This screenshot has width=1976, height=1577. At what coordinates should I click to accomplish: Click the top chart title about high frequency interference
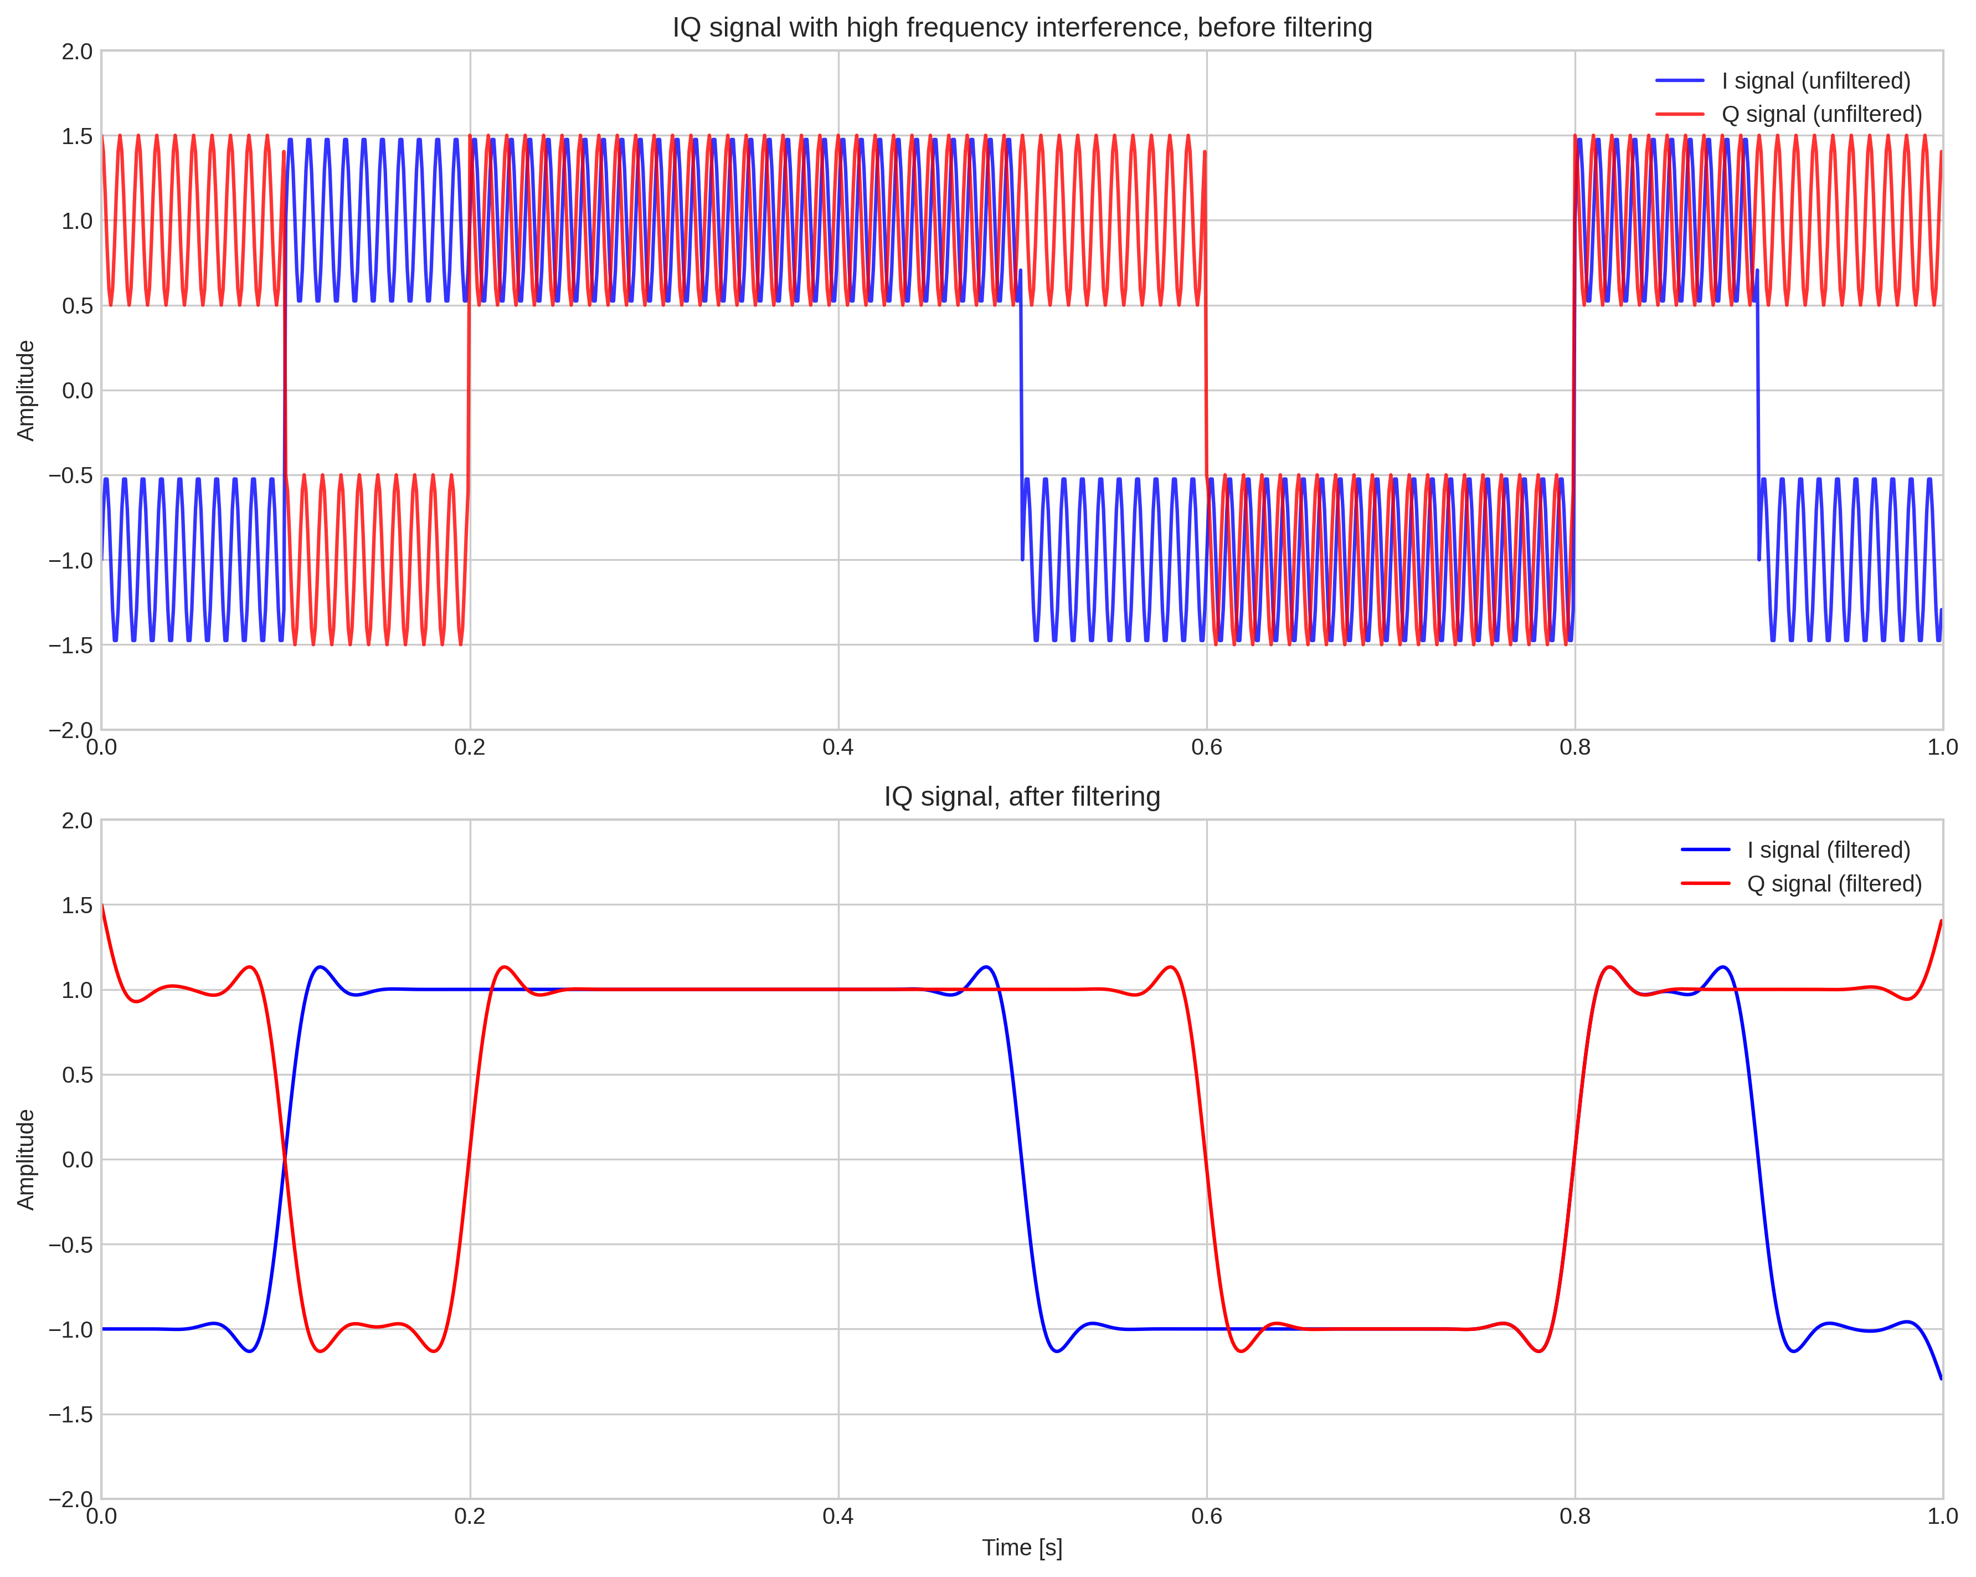(x=1022, y=28)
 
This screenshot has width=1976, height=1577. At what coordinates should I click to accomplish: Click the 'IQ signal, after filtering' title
(x=1022, y=797)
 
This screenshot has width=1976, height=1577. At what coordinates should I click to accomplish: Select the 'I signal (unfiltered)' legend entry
(x=1815, y=81)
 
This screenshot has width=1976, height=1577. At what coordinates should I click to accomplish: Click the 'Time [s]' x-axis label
(x=1022, y=1548)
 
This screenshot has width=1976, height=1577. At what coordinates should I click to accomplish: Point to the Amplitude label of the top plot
(x=25, y=391)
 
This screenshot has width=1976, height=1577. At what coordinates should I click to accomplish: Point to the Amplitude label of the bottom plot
(x=25, y=1160)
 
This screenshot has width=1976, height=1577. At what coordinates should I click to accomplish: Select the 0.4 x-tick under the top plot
(x=838, y=747)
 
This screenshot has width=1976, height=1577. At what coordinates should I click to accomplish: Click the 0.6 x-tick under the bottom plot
(x=1206, y=1517)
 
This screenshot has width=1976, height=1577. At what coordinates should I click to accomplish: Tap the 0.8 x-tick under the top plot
(x=1574, y=747)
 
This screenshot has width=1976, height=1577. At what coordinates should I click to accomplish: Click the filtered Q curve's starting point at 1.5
(x=102, y=906)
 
